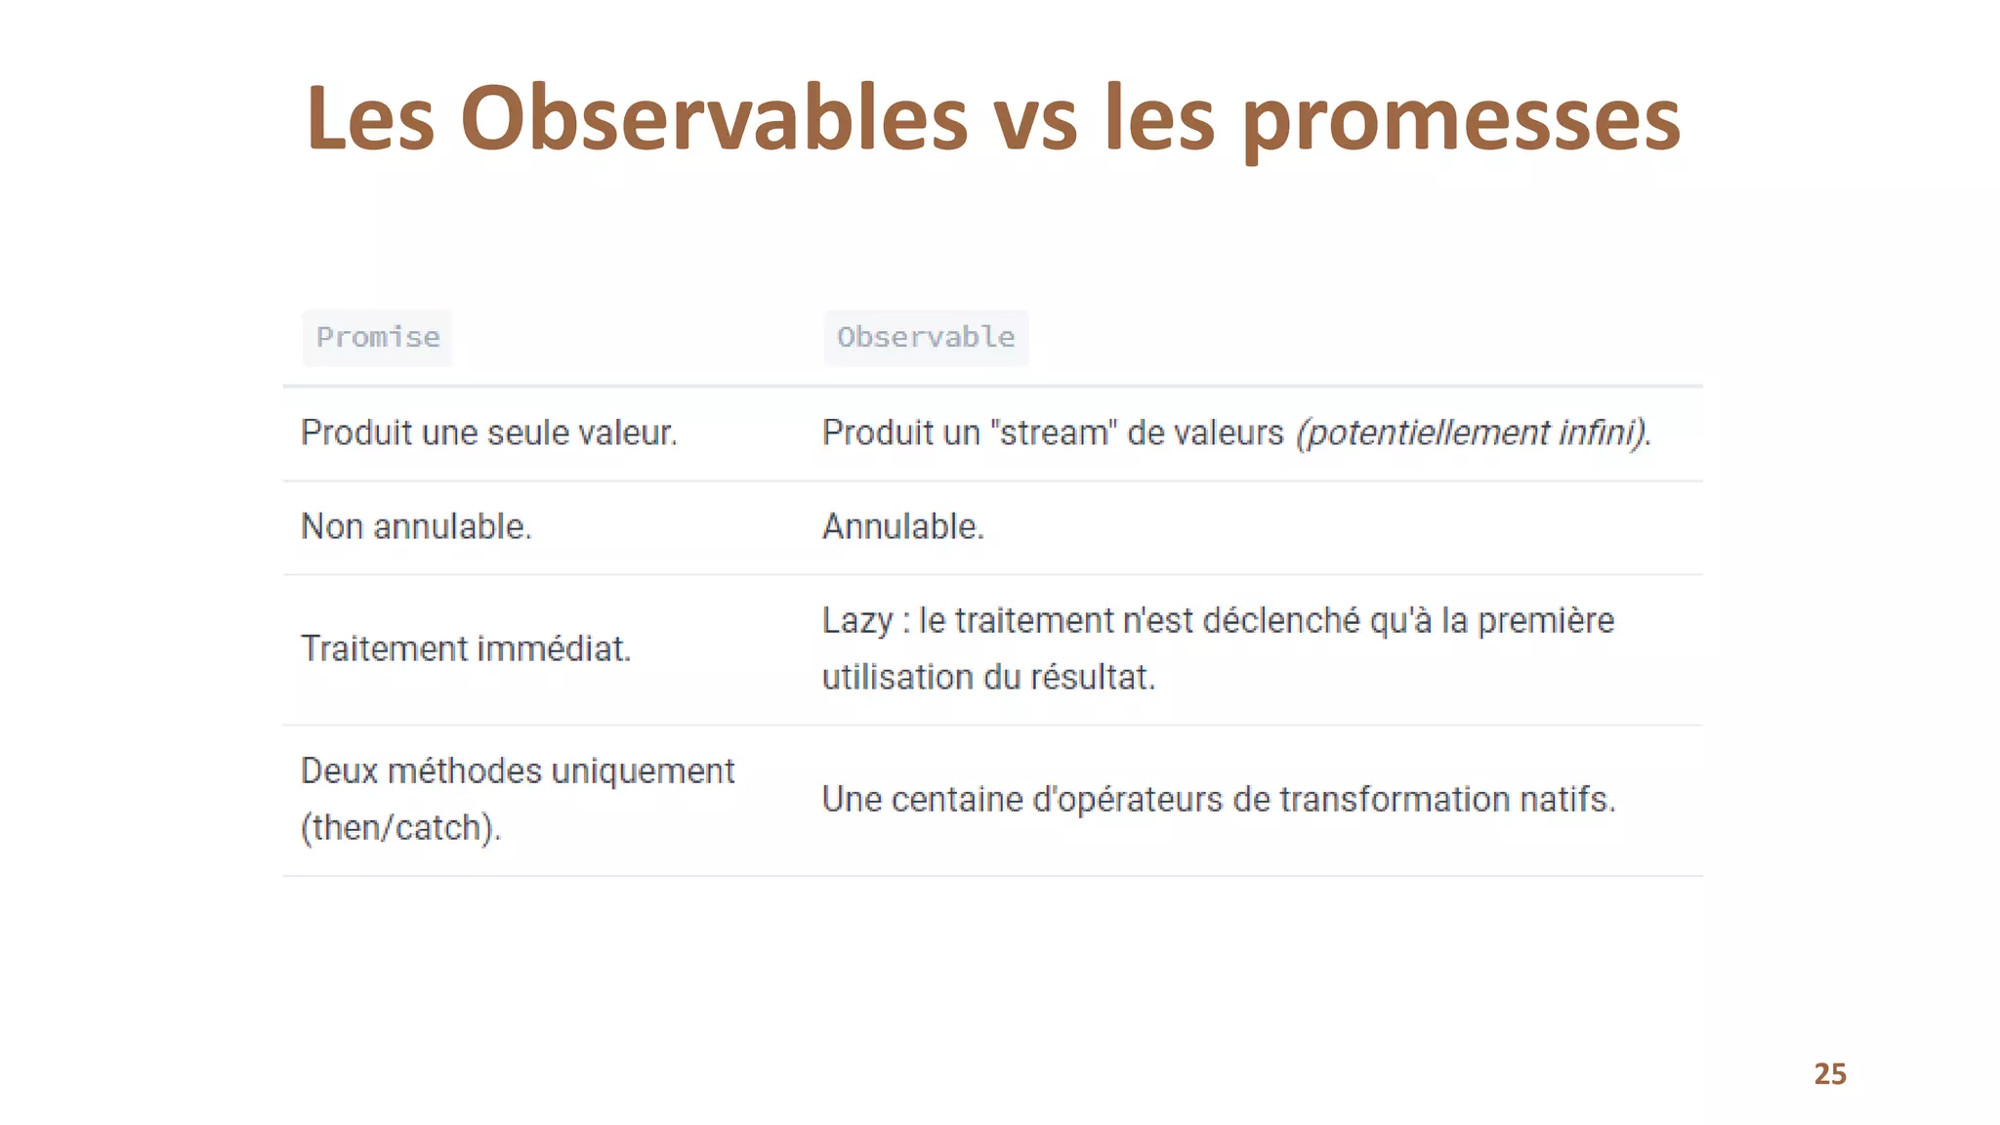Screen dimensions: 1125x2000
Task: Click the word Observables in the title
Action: [713, 119]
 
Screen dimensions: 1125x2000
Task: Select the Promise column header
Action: [378, 337]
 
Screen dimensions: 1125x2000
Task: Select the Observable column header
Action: [926, 337]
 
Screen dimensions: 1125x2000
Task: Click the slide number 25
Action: [1829, 1073]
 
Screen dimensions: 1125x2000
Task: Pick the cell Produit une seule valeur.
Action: [488, 433]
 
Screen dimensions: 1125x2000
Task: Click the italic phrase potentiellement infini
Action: [1472, 433]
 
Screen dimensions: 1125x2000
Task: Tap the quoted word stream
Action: [1055, 433]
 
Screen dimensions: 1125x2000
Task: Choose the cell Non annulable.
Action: [416, 526]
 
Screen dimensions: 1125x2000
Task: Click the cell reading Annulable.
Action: [902, 526]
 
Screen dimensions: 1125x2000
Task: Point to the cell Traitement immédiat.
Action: [466, 648]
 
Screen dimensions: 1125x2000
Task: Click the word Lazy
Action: [856, 621]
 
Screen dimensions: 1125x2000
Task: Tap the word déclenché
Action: [1280, 620]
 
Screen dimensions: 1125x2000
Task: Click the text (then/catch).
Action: [400, 828]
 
